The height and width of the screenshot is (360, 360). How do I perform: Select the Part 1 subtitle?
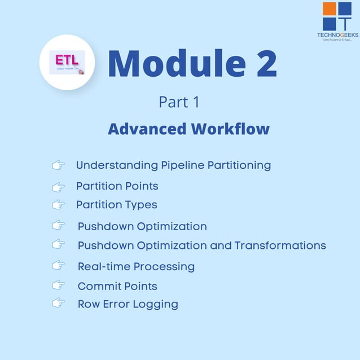tap(179, 102)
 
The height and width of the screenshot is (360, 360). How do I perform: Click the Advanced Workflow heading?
tap(188, 129)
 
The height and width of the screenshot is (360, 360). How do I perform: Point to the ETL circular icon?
tap(66, 62)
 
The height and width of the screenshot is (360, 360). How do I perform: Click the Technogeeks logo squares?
tap(337, 16)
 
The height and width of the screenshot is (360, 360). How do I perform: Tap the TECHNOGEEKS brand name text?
tap(337, 35)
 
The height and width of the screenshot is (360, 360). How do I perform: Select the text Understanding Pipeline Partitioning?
tap(173, 165)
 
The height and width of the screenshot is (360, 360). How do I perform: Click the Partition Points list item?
tap(117, 186)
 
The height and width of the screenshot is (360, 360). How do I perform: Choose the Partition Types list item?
tap(116, 204)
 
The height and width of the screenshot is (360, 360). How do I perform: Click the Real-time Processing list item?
tap(136, 266)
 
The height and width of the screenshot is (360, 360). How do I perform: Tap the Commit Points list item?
tap(117, 286)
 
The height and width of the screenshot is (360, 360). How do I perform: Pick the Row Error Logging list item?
tap(128, 304)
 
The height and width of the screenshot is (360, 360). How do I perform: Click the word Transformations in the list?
tap(280, 245)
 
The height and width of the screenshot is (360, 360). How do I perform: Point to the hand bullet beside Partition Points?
tap(58, 186)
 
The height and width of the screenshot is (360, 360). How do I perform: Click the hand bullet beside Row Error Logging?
tap(58, 303)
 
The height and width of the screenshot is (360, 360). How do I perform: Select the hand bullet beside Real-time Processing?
tap(58, 265)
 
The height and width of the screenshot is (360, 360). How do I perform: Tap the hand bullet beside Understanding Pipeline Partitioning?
tap(58, 165)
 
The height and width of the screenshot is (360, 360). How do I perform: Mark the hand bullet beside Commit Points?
tap(58, 284)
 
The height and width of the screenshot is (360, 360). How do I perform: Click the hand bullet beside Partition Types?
tap(58, 204)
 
